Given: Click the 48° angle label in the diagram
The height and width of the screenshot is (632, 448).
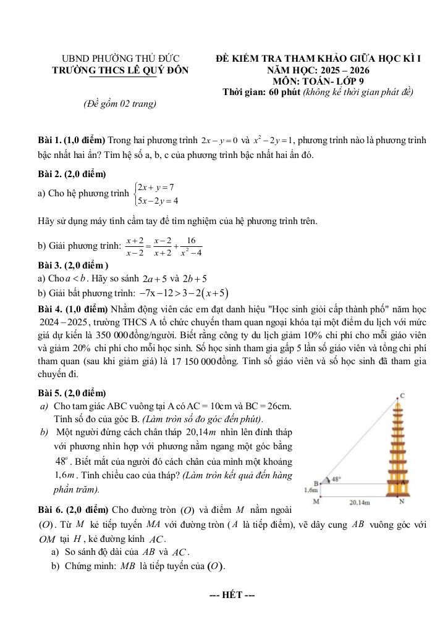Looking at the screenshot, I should (336, 478).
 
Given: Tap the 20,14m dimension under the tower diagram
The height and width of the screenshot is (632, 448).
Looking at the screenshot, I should (360, 503).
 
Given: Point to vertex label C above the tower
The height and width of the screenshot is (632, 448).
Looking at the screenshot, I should (403, 394).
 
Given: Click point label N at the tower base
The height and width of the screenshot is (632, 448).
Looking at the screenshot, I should (402, 501).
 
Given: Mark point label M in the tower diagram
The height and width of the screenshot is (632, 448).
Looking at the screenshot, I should (316, 501).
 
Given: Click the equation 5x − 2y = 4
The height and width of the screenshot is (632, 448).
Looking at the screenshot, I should (158, 200).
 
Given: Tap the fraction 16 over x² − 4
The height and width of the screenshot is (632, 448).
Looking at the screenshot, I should (190, 246).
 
